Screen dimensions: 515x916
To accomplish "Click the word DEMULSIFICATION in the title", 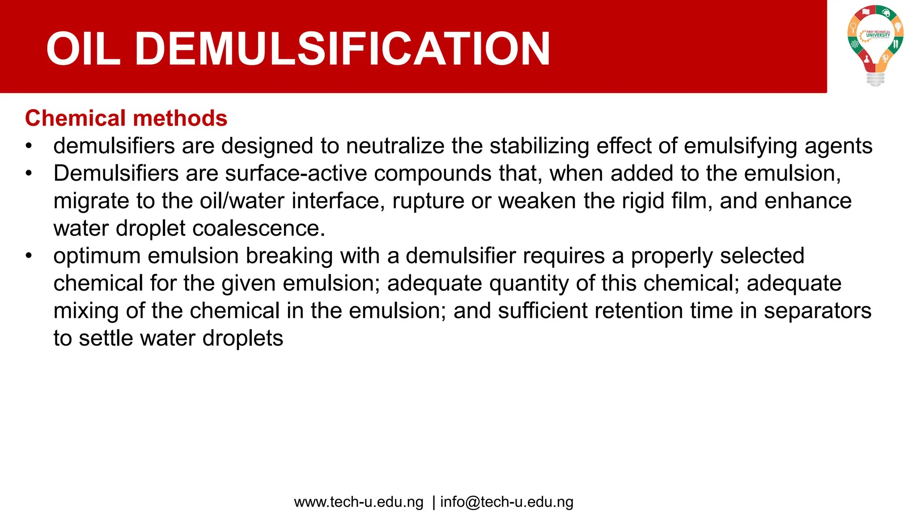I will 342,49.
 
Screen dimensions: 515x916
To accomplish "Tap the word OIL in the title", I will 83,49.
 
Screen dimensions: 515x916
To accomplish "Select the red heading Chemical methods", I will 126,118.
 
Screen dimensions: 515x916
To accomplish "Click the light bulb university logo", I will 875,45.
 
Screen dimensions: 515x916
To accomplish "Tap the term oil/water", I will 242,201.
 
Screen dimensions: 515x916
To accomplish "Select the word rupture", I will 428,201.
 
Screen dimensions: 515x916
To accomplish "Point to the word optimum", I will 97,256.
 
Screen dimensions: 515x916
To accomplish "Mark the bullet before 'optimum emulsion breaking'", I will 29,256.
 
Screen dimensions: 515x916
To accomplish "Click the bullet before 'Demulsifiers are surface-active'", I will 29,173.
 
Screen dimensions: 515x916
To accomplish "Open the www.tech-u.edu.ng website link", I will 358,502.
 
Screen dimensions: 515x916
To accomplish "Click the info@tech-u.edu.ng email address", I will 507,502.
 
